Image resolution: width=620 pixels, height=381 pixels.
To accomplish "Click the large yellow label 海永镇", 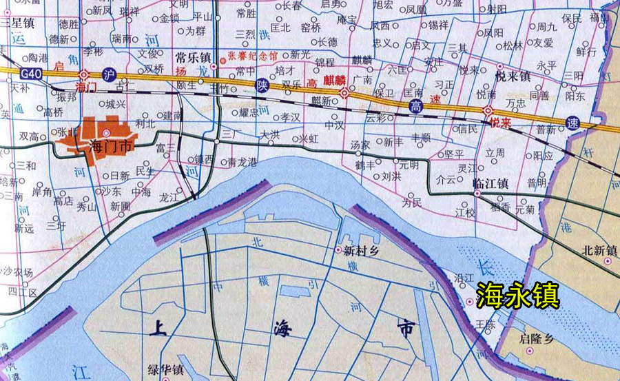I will coord(518,296).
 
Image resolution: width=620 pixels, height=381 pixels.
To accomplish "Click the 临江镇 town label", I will coord(491,183).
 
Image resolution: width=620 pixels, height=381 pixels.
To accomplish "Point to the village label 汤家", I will coord(360,145).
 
